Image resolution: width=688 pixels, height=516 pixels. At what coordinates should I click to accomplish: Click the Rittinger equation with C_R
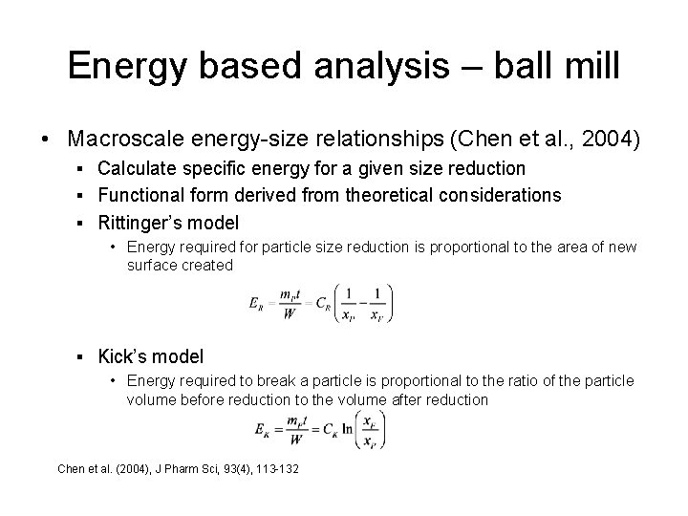click(320, 305)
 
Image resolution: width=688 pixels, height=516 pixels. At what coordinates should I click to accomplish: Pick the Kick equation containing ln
click(319, 428)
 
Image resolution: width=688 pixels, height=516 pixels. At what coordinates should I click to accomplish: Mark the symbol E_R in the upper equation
click(255, 305)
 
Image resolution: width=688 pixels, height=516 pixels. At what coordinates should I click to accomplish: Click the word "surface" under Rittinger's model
click(148, 265)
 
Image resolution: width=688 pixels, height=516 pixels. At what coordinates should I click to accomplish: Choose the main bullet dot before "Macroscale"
click(47, 140)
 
